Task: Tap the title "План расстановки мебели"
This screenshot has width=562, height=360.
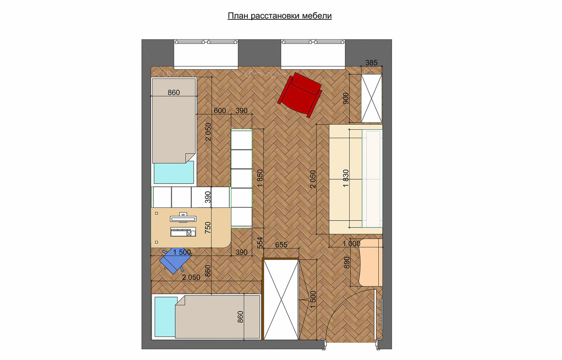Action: tap(279, 16)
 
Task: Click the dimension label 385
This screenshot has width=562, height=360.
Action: tap(371, 63)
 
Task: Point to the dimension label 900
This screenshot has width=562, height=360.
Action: tap(346, 98)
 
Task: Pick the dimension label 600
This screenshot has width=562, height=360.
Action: tap(220, 111)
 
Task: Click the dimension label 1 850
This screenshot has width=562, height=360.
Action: tap(260, 178)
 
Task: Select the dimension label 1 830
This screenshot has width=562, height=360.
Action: tap(346, 178)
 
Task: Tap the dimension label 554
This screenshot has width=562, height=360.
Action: tap(260, 243)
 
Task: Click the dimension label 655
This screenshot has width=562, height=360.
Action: tap(281, 244)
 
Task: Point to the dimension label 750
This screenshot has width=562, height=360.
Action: tap(208, 228)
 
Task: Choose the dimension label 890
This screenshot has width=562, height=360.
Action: tap(347, 262)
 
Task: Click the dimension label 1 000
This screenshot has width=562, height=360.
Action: tap(351, 243)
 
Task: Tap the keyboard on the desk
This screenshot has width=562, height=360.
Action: tap(183, 232)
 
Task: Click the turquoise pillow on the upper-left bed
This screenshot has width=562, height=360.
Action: tap(174, 172)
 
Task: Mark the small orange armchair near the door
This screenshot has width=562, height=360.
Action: tap(370, 262)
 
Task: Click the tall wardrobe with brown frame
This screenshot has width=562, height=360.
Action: tap(280, 299)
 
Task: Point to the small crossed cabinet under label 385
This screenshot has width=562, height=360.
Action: tap(372, 98)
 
